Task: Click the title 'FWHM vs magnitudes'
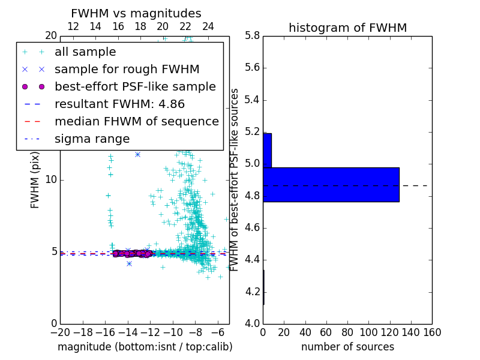[x=136, y=13]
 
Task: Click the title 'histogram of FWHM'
[x=347, y=28]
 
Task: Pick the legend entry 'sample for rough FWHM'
[x=127, y=69]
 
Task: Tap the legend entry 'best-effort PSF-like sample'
[x=135, y=86]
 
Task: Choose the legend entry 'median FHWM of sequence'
[x=137, y=121]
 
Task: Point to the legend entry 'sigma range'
[x=92, y=139]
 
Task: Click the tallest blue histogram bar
[x=331, y=184]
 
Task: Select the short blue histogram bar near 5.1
[x=267, y=150]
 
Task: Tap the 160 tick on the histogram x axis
[x=432, y=332]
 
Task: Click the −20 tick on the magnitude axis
[x=60, y=332]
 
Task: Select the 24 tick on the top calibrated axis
[x=208, y=26]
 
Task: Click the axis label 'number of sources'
[x=347, y=347]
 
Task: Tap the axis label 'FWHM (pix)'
[x=35, y=179]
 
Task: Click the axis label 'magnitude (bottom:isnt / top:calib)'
[x=145, y=347]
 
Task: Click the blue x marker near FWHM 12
[x=137, y=154]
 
